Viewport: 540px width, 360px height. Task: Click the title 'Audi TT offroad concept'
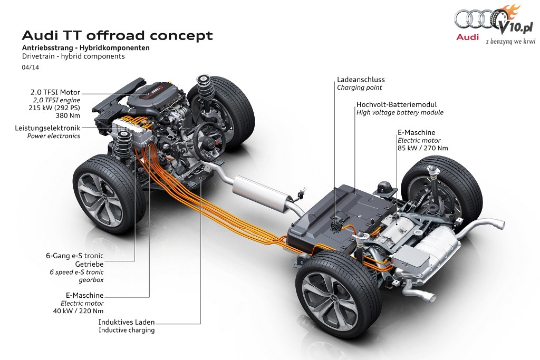pyautogui.click(x=118, y=35)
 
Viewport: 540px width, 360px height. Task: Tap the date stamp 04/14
pyautogui.click(x=30, y=67)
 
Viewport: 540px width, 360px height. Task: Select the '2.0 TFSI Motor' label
pyautogui.click(x=55, y=92)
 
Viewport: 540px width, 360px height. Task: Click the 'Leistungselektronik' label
pyautogui.click(x=47, y=128)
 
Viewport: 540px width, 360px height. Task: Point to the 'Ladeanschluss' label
pyautogui.click(x=361, y=80)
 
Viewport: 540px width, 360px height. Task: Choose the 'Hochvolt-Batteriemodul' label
pyautogui.click(x=397, y=104)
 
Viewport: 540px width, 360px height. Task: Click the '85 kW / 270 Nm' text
pyautogui.click(x=423, y=148)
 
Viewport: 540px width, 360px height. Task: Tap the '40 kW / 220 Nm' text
pyautogui.click(x=78, y=311)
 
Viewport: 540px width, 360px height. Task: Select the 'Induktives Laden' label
pyautogui.click(x=127, y=322)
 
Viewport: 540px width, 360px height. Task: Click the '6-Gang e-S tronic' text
pyautogui.click(x=75, y=256)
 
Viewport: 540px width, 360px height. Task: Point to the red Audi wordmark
pyautogui.click(x=467, y=37)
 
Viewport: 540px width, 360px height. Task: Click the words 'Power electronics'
pyautogui.click(x=54, y=136)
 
